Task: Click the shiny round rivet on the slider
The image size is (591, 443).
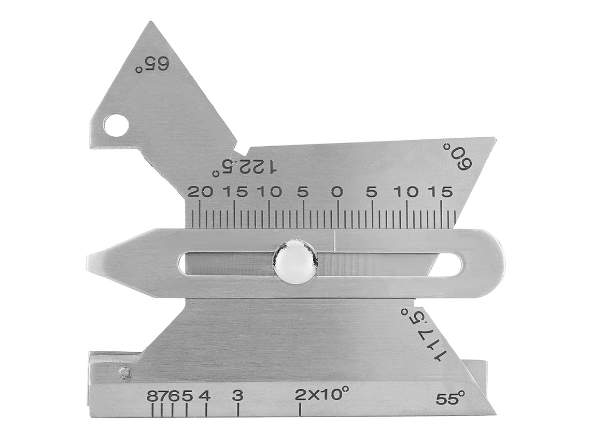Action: click(x=295, y=260)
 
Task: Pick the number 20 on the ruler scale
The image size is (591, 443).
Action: click(x=200, y=192)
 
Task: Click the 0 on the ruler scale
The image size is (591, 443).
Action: click(x=337, y=192)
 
